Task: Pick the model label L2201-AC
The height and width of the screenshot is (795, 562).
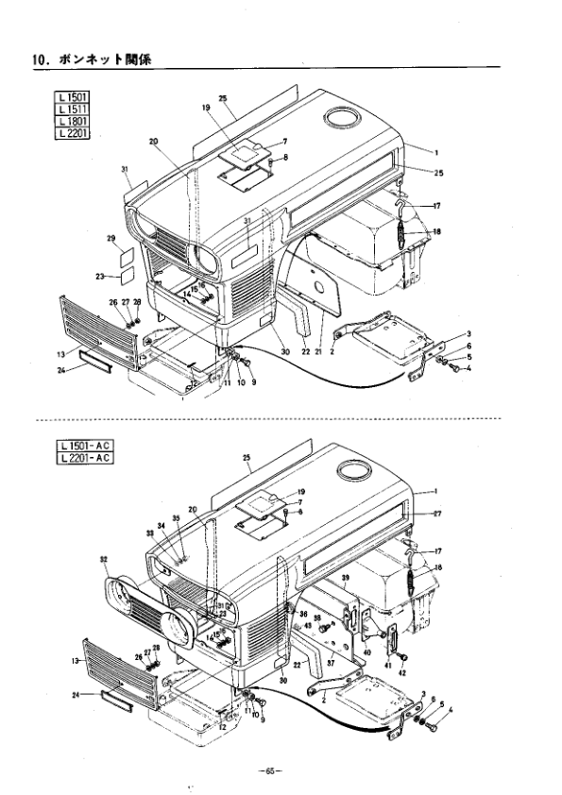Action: (x=85, y=458)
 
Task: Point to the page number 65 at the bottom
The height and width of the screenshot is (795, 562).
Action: (x=269, y=770)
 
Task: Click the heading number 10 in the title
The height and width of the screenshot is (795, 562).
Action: (x=38, y=59)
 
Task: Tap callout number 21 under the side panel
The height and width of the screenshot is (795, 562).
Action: (x=319, y=351)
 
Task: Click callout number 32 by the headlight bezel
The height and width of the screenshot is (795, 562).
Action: (x=103, y=559)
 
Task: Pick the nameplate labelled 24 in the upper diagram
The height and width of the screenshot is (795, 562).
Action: (x=95, y=358)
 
